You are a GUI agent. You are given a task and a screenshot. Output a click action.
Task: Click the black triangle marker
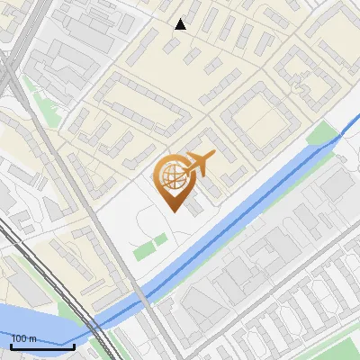click(180, 24)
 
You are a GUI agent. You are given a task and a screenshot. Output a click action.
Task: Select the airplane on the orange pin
click(197, 164)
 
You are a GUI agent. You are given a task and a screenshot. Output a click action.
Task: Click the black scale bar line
click(42, 346)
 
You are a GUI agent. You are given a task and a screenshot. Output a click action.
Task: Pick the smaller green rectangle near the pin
click(160, 239)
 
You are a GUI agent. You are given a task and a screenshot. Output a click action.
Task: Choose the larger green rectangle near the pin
click(144, 249)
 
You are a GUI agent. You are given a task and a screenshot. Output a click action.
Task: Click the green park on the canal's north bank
click(321, 136)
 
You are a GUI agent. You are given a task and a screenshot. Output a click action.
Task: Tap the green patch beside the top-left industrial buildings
click(33, 91)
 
